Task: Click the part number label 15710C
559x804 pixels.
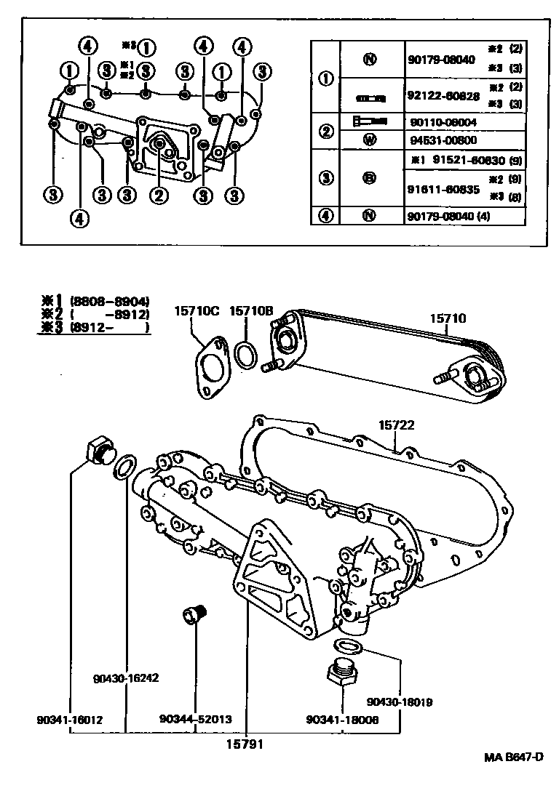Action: point(197,311)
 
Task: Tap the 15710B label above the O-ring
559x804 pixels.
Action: point(250,311)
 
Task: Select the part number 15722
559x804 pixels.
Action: point(396,425)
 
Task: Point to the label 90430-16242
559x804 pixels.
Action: point(125,678)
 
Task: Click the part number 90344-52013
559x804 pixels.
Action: point(195,719)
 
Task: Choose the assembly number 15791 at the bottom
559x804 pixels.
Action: point(245,744)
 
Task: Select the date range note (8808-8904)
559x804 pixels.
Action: point(109,301)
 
